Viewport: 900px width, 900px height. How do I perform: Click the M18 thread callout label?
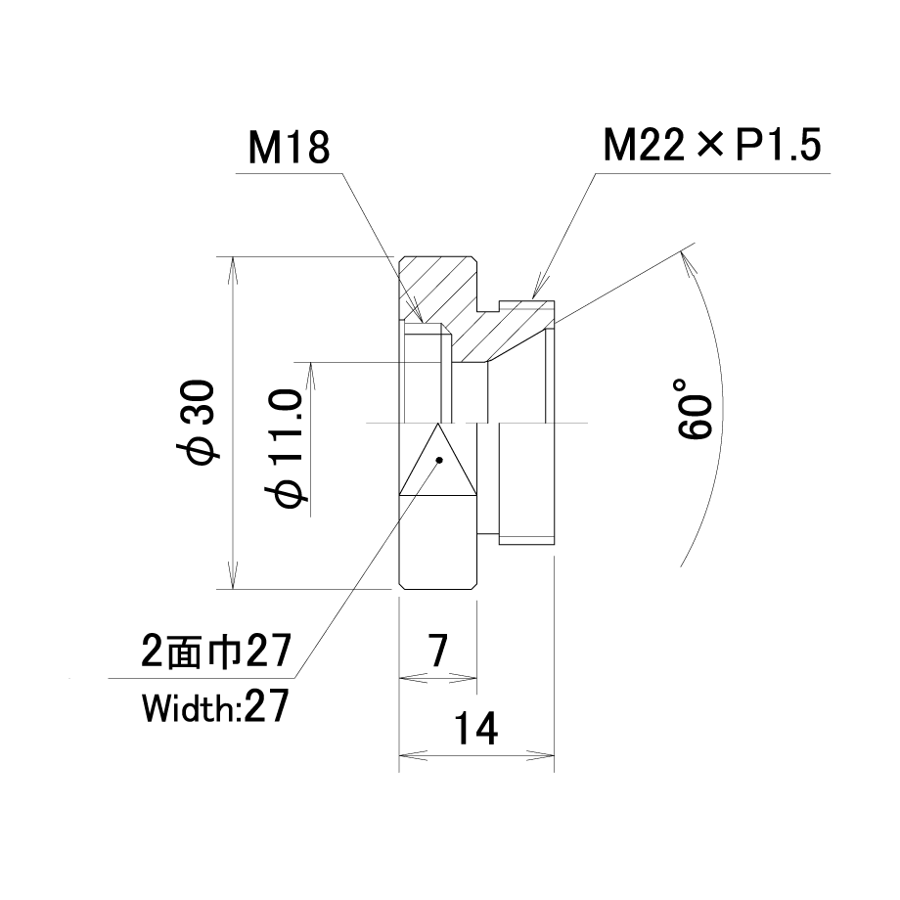click(x=290, y=148)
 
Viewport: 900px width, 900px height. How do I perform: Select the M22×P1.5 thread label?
click(x=712, y=145)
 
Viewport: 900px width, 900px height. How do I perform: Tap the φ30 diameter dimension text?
click(x=198, y=422)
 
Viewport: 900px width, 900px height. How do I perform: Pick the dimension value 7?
click(x=438, y=651)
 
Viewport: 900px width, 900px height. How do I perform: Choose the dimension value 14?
click(x=475, y=728)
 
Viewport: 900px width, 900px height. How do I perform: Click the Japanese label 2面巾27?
click(x=216, y=651)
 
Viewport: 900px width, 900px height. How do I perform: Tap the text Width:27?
click(x=214, y=706)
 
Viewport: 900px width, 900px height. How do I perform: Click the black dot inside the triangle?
click(x=439, y=460)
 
